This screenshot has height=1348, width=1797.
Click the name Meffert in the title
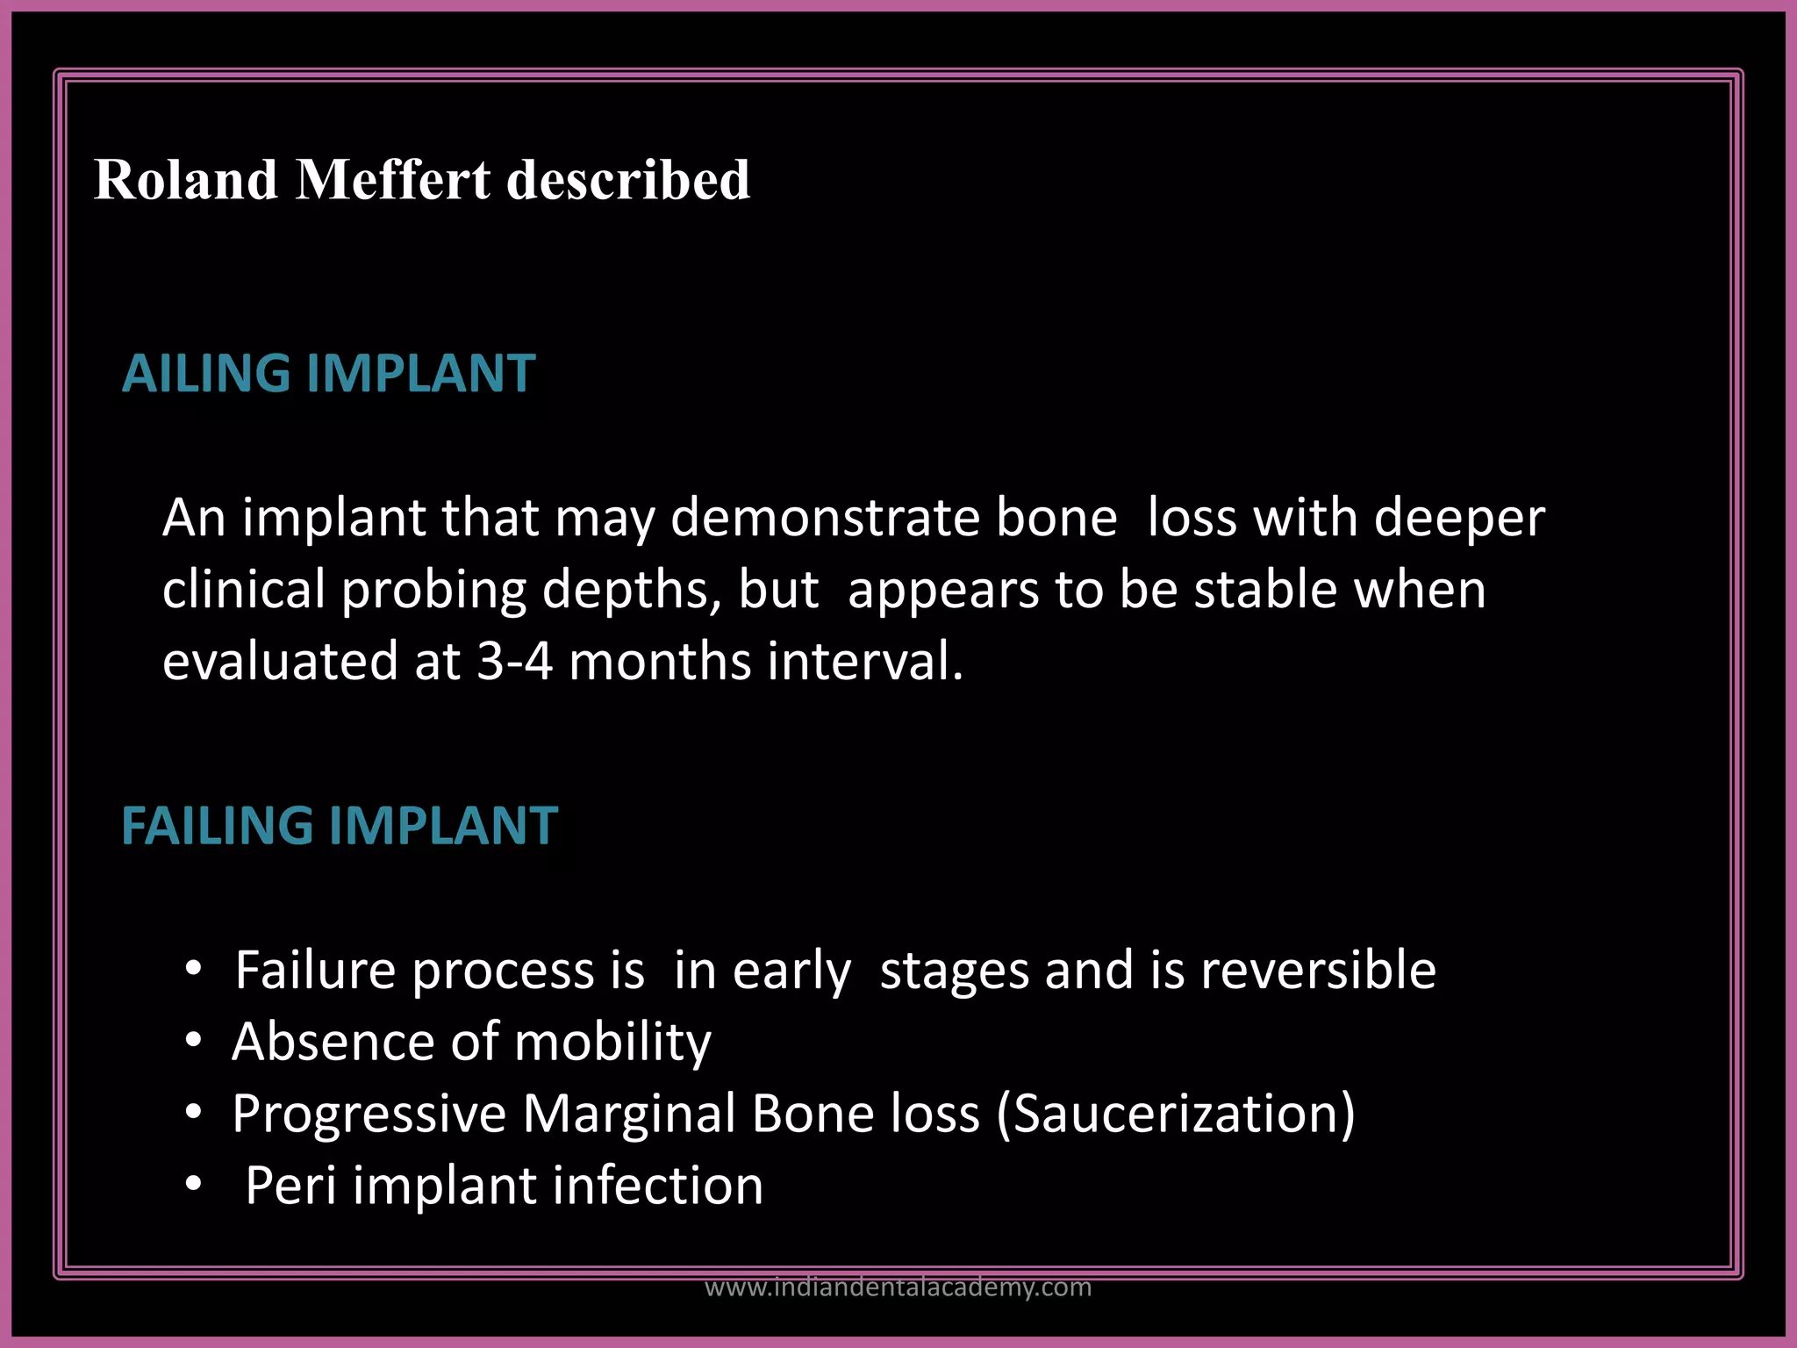pyautogui.click(x=394, y=180)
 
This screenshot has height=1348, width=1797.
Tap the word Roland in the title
pyautogui.click(x=185, y=180)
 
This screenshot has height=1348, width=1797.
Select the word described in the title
pyautogui.click(x=628, y=180)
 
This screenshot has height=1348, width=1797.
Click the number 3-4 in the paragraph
pyautogui.click(x=514, y=661)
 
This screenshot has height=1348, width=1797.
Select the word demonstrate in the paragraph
pyautogui.click(x=825, y=518)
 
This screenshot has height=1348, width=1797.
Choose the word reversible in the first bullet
pyautogui.click(x=1318, y=971)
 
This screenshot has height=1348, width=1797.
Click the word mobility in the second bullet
pyautogui.click(x=612, y=1043)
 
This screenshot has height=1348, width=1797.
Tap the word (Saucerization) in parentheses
pyautogui.click(x=1176, y=1115)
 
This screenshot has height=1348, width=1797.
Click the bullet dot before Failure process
pyautogui.click(x=194, y=970)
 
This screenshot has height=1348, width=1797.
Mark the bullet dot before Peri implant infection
pyautogui.click(x=194, y=1185)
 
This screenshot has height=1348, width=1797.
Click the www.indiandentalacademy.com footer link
pyautogui.click(x=898, y=1287)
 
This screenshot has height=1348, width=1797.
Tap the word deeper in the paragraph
pyautogui.click(x=1458, y=518)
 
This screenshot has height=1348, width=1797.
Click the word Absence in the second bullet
pyautogui.click(x=333, y=1043)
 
